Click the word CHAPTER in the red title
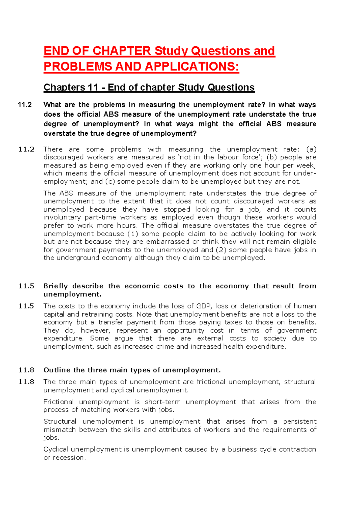pyautogui.click(x=121, y=51)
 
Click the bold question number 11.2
pyautogui.click(x=25, y=105)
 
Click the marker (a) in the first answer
pyautogui.click(x=311, y=149)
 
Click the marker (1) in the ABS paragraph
pyautogui.click(x=133, y=234)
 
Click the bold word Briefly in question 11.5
pyautogui.click(x=56, y=286)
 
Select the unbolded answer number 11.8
pyautogui.click(x=26, y=382)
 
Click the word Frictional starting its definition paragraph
pyautogui.click(x=58, y=402)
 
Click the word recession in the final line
pyautogui.click(x=69, y=458)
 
